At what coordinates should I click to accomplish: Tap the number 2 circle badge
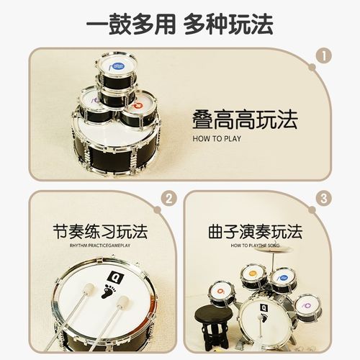point(169,199)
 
